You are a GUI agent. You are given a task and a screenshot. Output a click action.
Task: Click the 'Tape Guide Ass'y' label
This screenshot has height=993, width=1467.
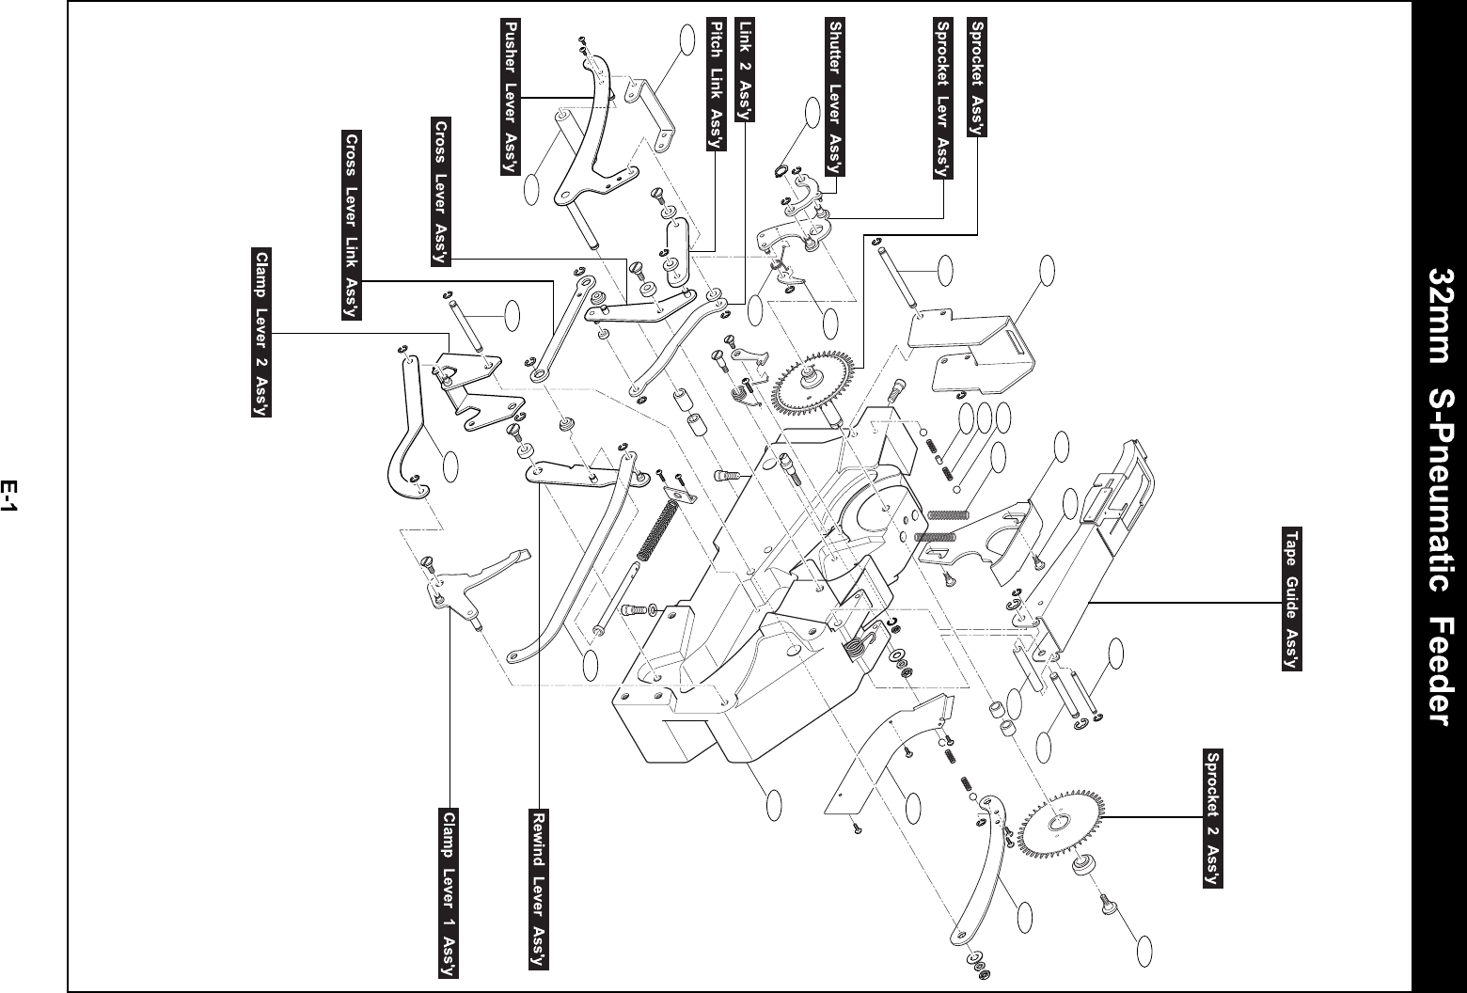[1291, 599]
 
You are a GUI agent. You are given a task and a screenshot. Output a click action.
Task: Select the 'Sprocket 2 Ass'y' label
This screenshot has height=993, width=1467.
[1212, 818]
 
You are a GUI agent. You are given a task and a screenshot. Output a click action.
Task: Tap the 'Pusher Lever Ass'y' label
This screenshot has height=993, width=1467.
[511, 97]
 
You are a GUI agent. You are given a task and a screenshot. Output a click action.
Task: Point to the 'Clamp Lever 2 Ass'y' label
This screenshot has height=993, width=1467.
[261, 332]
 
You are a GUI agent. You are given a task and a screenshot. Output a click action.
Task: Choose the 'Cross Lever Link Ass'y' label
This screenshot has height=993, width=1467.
[352, 225]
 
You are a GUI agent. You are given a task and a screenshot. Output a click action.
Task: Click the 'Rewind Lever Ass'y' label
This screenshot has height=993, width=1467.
[538, 889]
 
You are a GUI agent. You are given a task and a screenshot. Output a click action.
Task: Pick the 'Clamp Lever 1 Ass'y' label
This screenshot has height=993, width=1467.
[449, 893]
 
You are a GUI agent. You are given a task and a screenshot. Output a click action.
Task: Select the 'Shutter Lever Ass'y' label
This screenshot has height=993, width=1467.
[835, 97]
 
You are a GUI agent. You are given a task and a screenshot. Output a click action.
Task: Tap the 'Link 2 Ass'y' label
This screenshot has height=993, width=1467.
[745, 70]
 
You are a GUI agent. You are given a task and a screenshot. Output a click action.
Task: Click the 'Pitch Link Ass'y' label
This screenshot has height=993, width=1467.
[717, 84]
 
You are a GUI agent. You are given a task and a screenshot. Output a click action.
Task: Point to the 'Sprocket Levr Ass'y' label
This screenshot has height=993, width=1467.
[943, 98]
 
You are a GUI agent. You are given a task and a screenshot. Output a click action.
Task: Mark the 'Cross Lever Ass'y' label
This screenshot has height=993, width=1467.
[441, 192]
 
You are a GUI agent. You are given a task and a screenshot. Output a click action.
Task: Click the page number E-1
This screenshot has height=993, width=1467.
[8, 496]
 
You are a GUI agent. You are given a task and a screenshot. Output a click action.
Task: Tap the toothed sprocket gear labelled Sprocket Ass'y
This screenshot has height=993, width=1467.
[814, 384]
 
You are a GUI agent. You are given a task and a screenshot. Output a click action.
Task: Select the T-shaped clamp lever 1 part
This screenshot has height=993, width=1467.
[473, 582]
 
